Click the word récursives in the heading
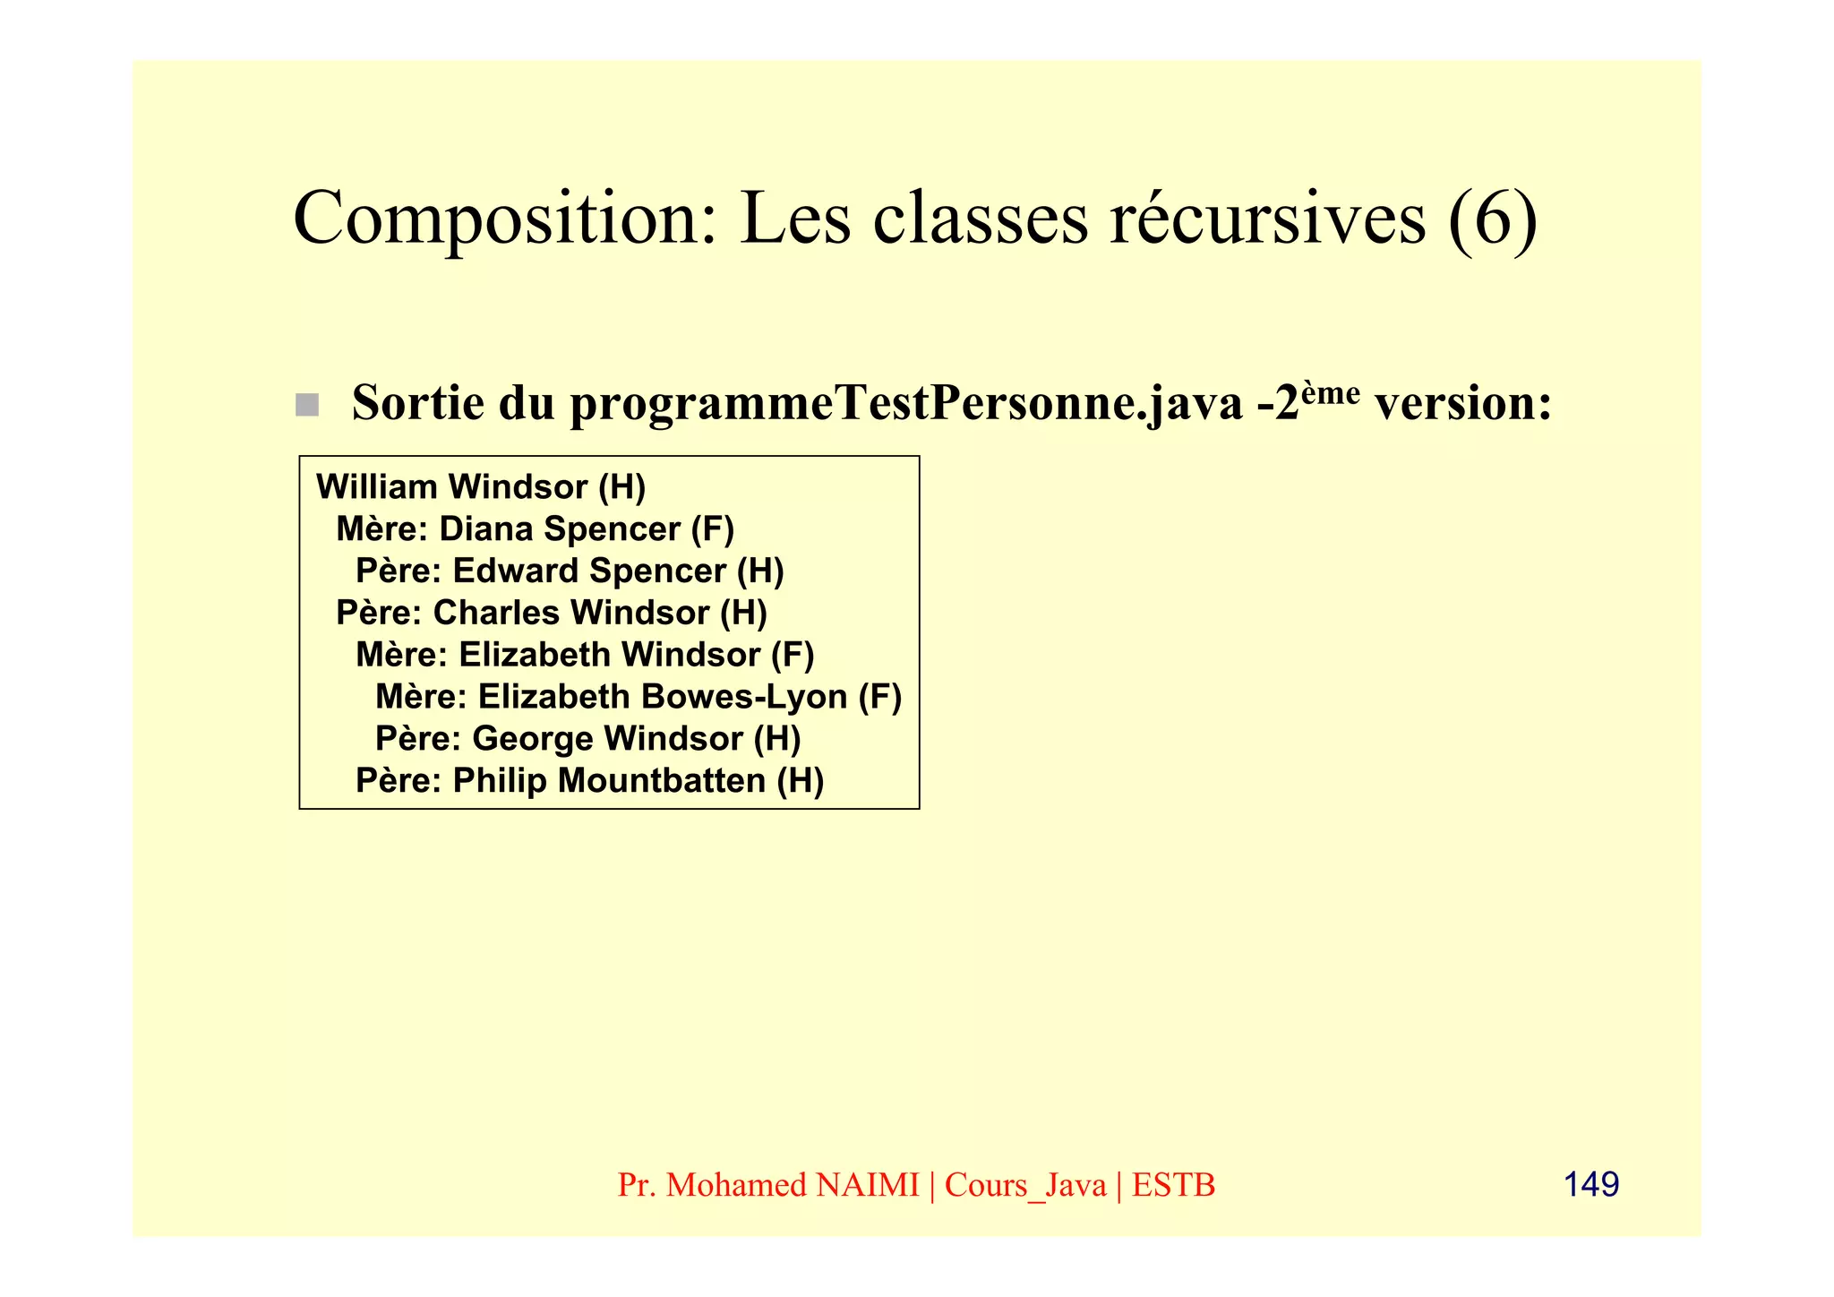pos(1267,219)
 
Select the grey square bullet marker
pos(307,405)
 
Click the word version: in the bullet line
pos(1463,403)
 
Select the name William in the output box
pos(376,487)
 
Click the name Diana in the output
pos(486,529)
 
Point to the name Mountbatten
pos(662,781)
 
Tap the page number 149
pos(1590,1184)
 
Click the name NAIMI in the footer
pos(868,1185)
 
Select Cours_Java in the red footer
pos(1025,1185)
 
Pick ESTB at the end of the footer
pos(1173,1185)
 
